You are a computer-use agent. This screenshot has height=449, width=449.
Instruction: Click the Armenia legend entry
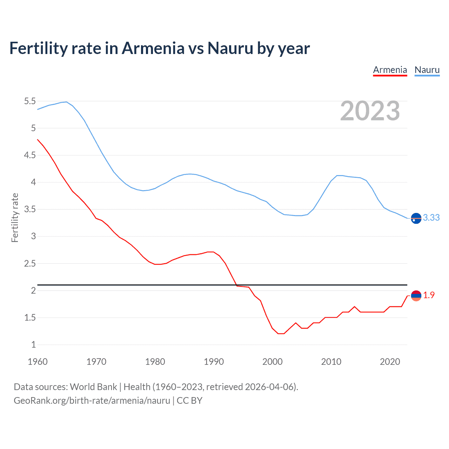390,70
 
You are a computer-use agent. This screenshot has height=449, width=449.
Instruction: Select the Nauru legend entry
427,70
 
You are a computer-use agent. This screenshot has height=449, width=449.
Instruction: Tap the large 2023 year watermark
370,111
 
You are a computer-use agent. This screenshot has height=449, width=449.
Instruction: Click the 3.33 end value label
431,218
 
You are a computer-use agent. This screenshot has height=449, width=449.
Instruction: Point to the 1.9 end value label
429,295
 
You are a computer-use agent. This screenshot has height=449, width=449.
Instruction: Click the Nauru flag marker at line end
416,218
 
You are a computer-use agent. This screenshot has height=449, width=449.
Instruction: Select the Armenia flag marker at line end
416,296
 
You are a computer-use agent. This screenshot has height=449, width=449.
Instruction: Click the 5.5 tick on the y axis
30,101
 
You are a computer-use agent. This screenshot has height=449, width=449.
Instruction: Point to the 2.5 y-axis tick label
30,263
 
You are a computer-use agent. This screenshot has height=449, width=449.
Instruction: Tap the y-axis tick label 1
33,345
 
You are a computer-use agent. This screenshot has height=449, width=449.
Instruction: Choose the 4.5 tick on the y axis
30,155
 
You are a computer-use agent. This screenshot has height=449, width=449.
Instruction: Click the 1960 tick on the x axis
38,362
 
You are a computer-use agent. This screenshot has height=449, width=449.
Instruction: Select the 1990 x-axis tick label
214,362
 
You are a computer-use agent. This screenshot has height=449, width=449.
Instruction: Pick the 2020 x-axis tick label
390,362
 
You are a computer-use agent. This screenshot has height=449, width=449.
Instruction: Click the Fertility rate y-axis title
15,217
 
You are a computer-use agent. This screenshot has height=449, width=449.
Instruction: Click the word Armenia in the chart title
153,48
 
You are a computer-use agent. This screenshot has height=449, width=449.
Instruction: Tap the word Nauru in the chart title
230,48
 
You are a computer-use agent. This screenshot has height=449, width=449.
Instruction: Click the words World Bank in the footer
93,387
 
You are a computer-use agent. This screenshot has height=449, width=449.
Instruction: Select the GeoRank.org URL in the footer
92,401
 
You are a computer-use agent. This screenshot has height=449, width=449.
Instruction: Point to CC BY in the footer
189,401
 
